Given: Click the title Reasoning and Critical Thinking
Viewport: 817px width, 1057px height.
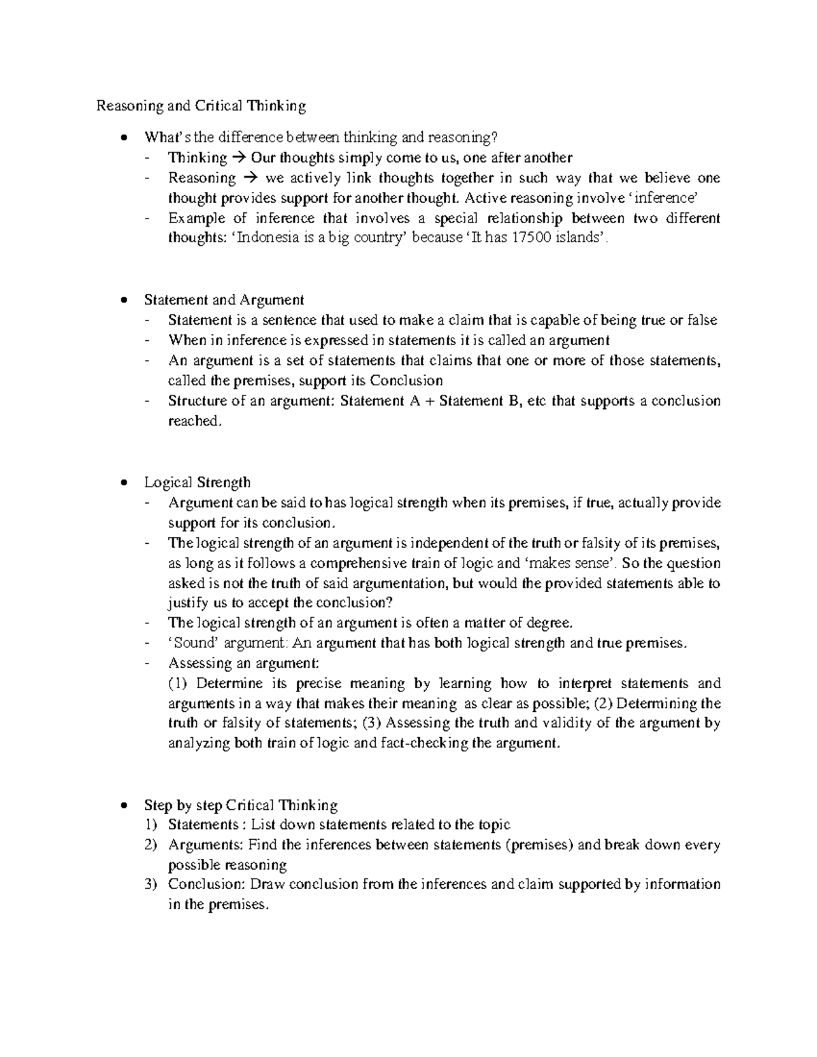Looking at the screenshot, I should (x=201, y=105).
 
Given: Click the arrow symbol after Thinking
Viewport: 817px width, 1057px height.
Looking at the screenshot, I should (x=238, y=158).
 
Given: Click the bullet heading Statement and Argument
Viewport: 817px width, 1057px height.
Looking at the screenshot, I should (x=224, y=299).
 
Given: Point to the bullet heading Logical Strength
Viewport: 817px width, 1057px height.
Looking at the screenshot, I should (x=197, y=483).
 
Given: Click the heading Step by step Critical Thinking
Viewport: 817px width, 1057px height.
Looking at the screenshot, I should (x=241, y=805).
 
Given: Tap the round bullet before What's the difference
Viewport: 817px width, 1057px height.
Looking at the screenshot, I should (x=123, y=138).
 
